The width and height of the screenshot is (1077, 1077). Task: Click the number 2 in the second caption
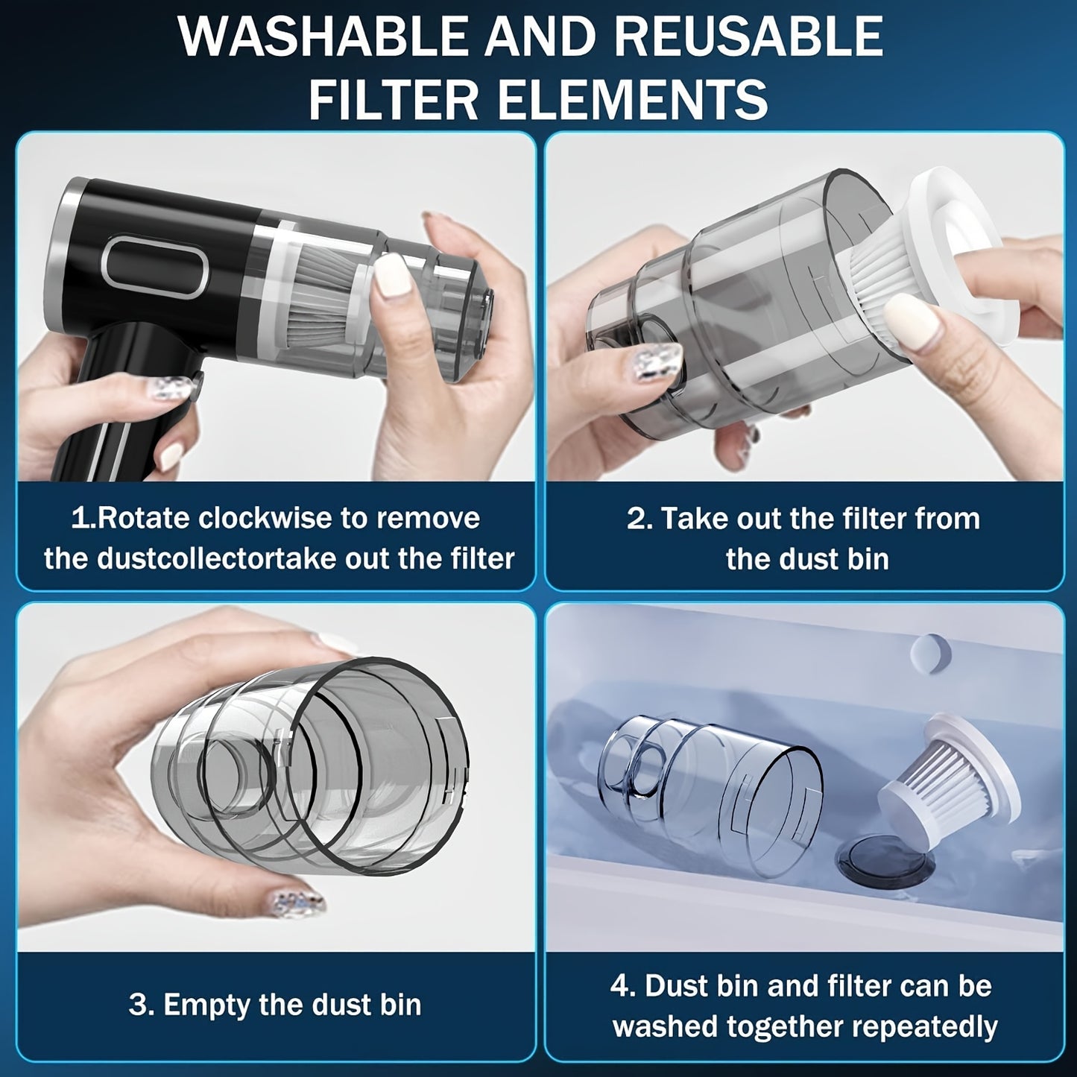pos(638,518)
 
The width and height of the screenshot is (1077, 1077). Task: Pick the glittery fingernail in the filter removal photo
pos(660,358)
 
